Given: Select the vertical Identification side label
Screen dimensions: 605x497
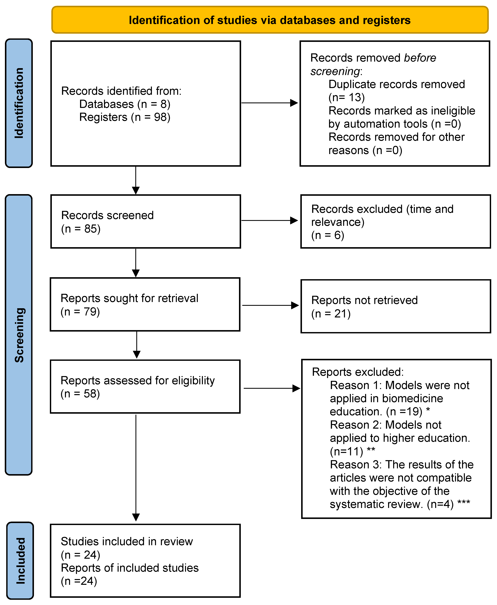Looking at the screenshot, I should pyautogui.click(x=19, y=103).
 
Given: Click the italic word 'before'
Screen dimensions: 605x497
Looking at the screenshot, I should pyautogui.click(x=420, y=58).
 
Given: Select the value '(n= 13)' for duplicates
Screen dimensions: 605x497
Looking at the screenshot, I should pyautogui.click(x=346, y=97).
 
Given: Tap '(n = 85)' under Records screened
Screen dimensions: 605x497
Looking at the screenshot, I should pyautogui.click(x=81, y=229).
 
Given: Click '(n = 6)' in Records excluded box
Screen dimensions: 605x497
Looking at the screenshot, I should pyautogui.click(x=328, y=235).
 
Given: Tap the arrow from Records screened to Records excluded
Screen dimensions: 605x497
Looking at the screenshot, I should pyautogui.click(x=269, y=220).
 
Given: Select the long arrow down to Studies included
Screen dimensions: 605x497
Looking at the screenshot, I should pyautogui.click(x=136, y=467).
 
